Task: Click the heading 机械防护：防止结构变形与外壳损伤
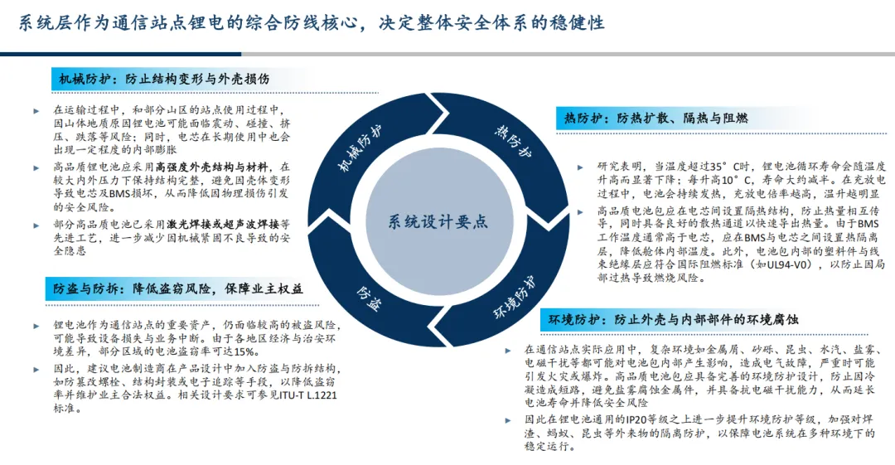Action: pyautogui.click(x=164, y=80)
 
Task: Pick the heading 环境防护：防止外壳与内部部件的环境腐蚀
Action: pyautogui.click(x=672, y=319)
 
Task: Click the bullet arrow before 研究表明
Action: pyautogui.click(x=579, y=167)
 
